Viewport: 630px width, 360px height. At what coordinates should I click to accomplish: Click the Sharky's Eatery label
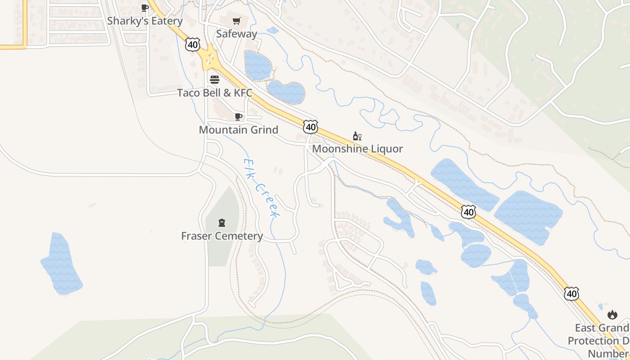(145, 21)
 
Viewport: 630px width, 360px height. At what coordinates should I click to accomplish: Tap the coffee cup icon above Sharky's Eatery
(144, 8)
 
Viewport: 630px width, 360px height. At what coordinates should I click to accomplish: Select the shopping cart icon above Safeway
(236, 21)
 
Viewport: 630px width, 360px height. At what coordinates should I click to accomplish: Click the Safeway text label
(236, 34)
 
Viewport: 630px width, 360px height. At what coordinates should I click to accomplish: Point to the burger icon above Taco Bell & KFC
(215, 80)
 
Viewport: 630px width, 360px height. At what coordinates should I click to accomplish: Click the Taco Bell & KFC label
(215, 93)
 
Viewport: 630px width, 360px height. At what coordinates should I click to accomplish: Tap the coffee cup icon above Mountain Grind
(238, 117)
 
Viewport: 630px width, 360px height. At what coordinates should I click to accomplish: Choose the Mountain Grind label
(238, 130)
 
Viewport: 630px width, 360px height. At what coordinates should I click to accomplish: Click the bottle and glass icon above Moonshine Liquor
(357, 136)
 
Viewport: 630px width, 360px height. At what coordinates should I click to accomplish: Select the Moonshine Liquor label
(357, 149)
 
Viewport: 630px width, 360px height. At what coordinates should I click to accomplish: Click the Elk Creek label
(262, 188)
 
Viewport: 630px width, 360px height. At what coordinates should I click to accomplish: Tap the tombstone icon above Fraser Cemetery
(221, 222)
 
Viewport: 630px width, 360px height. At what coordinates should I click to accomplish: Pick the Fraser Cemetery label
(222, 236)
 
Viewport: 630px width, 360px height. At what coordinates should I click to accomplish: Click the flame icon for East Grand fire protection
(612, 315)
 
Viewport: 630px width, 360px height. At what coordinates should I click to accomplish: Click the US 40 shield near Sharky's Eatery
(192, 44)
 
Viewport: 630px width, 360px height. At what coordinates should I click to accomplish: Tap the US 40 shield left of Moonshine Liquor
(310, 127)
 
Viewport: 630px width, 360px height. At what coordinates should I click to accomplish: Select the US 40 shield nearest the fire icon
(571, 294)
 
